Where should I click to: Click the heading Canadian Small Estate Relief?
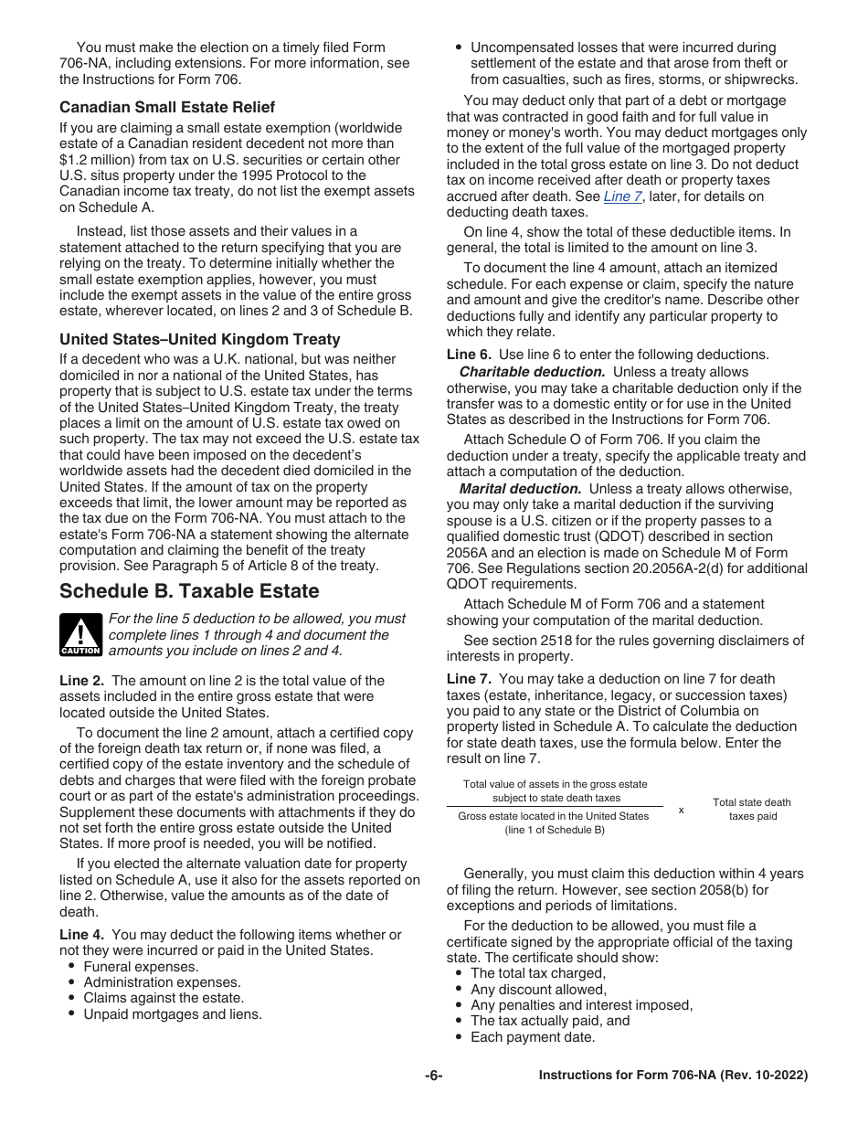(x=167, y=107)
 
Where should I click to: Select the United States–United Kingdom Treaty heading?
(x=199, y=339)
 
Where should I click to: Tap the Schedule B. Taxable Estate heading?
(x=189, y=590)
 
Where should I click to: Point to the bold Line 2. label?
(x=84, y=681)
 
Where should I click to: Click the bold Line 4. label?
(x=84, y=935)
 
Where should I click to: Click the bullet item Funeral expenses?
(x=141, y=967)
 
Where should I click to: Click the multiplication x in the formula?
(x=681, y=809)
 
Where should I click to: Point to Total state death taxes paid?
(x=752, y=809)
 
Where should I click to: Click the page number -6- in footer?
(x=433, y=1076)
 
